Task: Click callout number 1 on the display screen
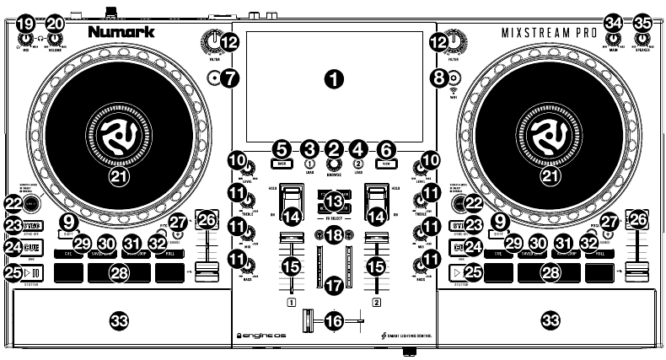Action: click(335, 79)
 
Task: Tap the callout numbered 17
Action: click(334, 286)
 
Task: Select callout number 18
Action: click(334, 235)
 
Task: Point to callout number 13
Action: click(334, 201)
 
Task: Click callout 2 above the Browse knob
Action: click(334, 147)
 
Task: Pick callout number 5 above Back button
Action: click(281, 147)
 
